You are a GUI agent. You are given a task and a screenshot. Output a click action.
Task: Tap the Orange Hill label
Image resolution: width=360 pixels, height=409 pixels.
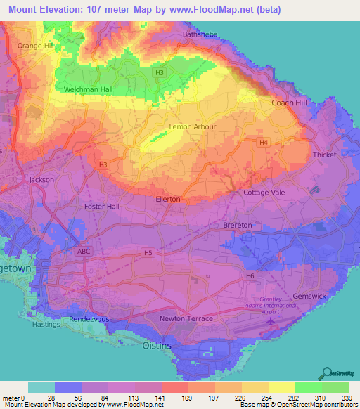click(36, 46)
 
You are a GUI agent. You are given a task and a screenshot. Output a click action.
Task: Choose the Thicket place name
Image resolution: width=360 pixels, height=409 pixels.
click(325, 155)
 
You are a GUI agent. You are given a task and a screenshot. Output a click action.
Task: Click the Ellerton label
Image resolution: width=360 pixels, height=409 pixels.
click(167, 199)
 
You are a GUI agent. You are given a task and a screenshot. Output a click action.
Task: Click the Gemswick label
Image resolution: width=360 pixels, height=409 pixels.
click(309, 296)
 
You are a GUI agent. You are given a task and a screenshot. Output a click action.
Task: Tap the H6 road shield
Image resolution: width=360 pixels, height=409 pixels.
click(250, 276)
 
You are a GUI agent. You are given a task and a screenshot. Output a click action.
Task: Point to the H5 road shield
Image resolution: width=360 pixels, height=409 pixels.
click(148, 252)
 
